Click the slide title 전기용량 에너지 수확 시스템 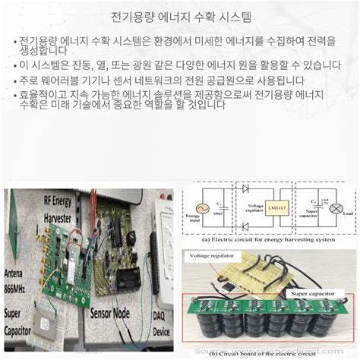(180, 16)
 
